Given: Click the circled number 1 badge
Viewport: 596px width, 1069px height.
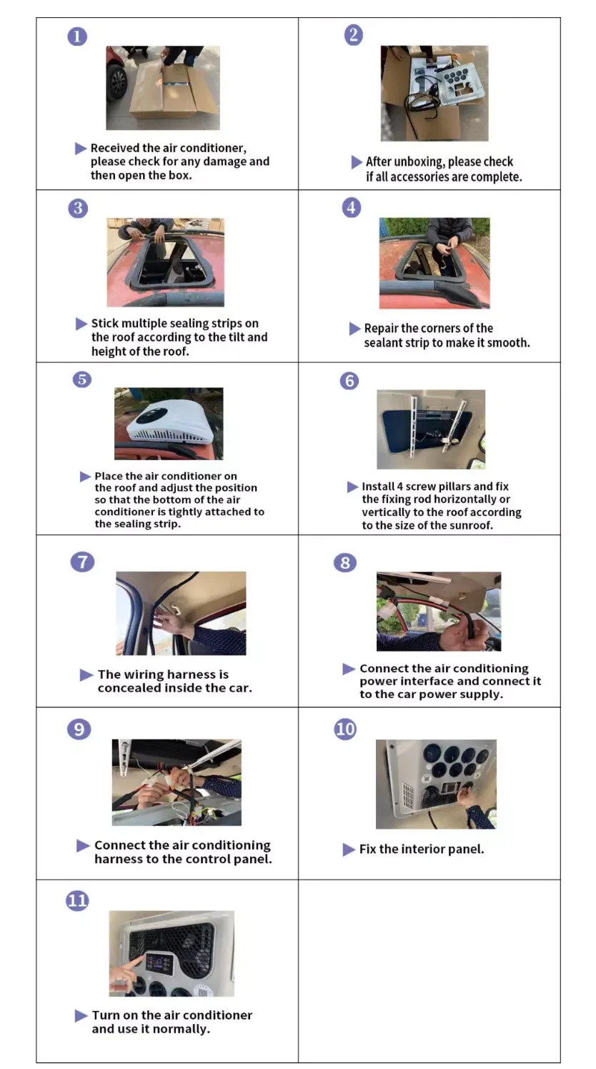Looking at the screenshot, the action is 77,36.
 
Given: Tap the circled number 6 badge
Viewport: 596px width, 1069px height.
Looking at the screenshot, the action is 349,380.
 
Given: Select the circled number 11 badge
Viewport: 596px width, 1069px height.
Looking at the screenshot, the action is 77,900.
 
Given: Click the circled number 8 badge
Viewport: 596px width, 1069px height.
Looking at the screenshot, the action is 345,562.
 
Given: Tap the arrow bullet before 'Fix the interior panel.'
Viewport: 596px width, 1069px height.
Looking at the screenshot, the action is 349,850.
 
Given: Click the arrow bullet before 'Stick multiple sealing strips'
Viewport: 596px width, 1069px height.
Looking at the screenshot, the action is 81,324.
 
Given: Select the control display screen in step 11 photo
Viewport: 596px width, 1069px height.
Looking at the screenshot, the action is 159,963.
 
